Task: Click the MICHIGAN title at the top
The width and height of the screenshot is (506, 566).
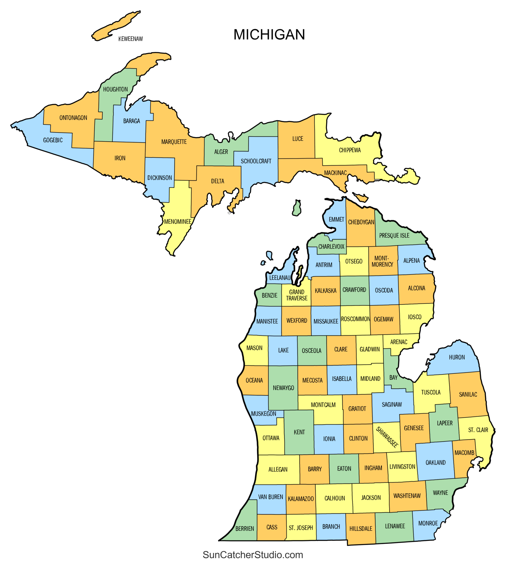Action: click(269, 34)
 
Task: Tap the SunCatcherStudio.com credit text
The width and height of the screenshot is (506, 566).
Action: click(252, 555)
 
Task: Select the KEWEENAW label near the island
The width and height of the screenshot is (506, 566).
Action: click(130, 39)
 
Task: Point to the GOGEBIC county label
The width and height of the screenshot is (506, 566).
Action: click(53, 140)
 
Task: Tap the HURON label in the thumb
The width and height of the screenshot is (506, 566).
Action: click(457, 357)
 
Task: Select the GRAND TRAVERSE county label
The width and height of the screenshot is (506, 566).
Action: click(297, 295)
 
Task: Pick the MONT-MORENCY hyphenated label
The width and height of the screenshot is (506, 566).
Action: click(382, 261)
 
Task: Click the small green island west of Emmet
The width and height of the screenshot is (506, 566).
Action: click(297, 208)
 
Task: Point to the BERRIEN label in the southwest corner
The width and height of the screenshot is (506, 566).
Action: click(245, 529)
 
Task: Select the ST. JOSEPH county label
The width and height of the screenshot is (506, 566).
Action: click(300, 528)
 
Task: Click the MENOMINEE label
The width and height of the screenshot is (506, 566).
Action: click(178, 222)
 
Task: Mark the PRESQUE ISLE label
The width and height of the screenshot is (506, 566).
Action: click(394, 235)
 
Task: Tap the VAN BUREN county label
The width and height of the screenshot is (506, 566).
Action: click(271, 497)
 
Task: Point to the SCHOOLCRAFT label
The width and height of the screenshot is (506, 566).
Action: click(256, 161)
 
